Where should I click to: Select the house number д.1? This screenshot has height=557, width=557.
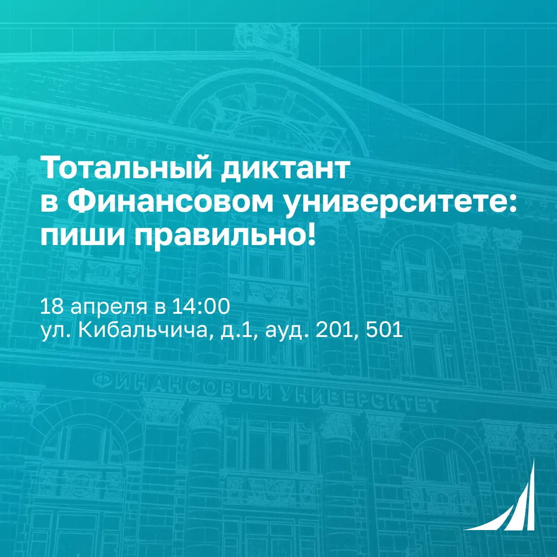[x=235, y=331]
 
